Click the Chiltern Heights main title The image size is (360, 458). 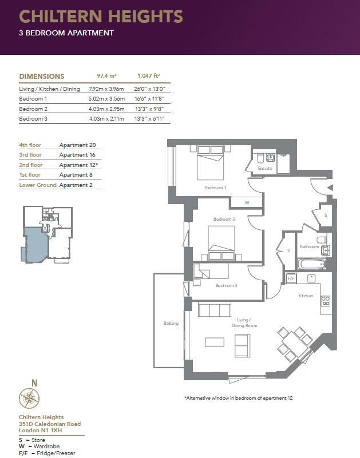pos(101,17)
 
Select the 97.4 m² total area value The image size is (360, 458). pos(107,76)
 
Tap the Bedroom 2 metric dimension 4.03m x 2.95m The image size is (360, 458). pos(107,109)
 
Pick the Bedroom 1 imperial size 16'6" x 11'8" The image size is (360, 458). pos(150,99)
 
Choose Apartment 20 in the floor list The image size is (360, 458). pos(77,145)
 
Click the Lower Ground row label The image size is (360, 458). pos(38,185)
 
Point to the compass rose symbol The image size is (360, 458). pos(29,398)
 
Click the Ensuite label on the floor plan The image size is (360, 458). pos(265,168)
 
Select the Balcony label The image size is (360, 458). pos(171,324)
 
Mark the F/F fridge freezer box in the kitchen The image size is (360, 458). pos(291,278)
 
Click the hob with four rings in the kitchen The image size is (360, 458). pos(326,301)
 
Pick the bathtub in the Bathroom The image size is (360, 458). pos(312,264)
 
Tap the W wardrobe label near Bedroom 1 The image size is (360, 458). pos(247,203)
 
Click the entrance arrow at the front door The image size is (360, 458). pos(330,188)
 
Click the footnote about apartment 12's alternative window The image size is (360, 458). pos(238,398)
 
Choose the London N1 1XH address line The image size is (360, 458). pos(41,430)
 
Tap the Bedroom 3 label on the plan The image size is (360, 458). pos(226,285)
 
